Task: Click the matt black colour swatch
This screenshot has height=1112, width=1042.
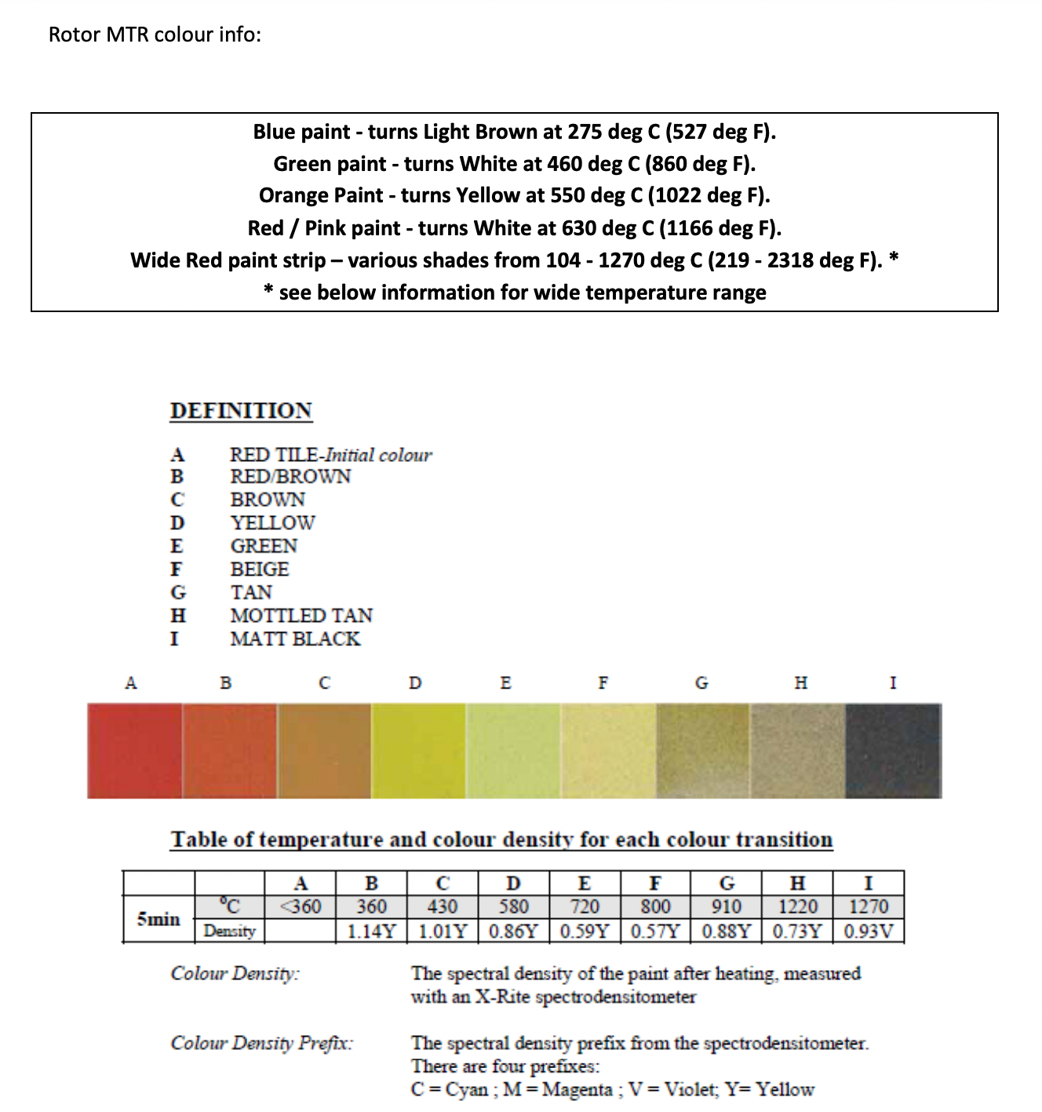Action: click(893, 750)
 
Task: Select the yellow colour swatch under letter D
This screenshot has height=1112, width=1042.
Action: click(418, 750)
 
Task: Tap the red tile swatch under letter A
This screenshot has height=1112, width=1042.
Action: click(134, 750)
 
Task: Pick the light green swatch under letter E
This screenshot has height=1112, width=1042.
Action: click(513, 750)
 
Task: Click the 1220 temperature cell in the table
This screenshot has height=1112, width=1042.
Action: click(797, 907)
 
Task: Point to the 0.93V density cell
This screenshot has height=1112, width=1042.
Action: click(869, 932)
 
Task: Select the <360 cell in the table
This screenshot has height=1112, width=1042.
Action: click(301, 907)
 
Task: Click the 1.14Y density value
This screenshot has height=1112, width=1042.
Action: click(372, 932)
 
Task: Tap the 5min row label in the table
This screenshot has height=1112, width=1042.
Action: click(158, 918)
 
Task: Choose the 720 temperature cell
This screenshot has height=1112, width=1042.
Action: click(585, 907)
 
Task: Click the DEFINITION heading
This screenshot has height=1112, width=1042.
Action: click(241, 411)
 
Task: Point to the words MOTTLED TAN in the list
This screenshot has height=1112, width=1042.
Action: click(301, 616)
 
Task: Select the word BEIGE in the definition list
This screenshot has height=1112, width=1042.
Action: click(260, 569)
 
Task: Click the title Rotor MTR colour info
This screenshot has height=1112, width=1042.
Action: click(155, 35)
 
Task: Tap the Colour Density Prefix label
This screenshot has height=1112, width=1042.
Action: click(262, 1043)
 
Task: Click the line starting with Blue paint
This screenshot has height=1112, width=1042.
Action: click(514, 132)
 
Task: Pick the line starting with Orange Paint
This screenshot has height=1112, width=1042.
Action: click(514, 195)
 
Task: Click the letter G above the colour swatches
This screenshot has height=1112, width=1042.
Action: click(701, 683)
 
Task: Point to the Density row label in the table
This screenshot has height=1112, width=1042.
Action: click(229, 932)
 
